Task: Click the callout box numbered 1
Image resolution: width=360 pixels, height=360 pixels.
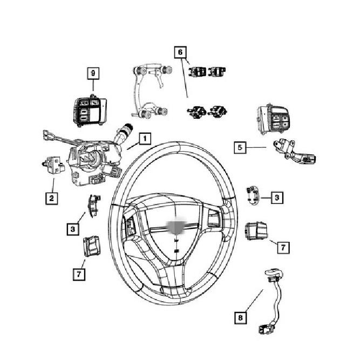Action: [145, 139]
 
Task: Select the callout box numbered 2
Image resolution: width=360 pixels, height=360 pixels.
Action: [51, 198]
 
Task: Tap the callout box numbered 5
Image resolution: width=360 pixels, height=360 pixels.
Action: [240, 147]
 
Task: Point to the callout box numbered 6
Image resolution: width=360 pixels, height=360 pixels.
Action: [180, 52]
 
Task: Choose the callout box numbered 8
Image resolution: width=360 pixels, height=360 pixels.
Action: [240, 318]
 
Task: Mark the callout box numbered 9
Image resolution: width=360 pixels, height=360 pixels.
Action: [93, 73]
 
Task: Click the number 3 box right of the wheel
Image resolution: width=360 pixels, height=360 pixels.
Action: [277, 198]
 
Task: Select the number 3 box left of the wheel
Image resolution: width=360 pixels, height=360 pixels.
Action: [73, 229]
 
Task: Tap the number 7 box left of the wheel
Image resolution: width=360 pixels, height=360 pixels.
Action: [79, 274]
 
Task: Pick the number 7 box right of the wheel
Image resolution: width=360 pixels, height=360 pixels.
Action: [283, 248]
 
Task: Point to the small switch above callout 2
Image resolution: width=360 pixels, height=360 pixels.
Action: [54, 165]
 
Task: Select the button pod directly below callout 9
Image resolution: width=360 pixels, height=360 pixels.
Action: [90, 111]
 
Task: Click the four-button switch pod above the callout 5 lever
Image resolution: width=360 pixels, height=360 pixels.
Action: [273, 119]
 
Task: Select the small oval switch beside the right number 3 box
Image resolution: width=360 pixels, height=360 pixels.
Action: [253, 195]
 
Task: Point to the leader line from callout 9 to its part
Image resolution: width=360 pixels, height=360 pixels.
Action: [93, 85]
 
